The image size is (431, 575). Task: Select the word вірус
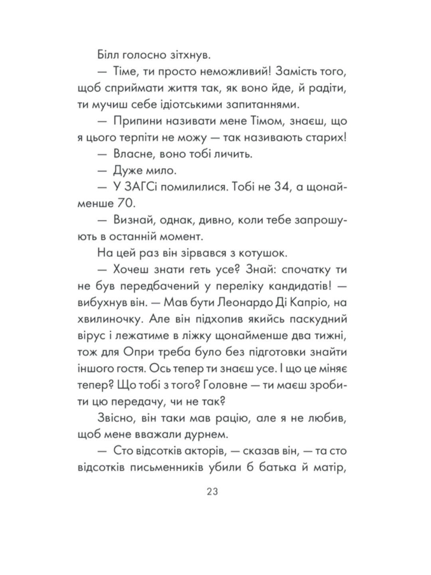[x=91, y=336]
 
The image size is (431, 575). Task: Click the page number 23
[x=212, y=492]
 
